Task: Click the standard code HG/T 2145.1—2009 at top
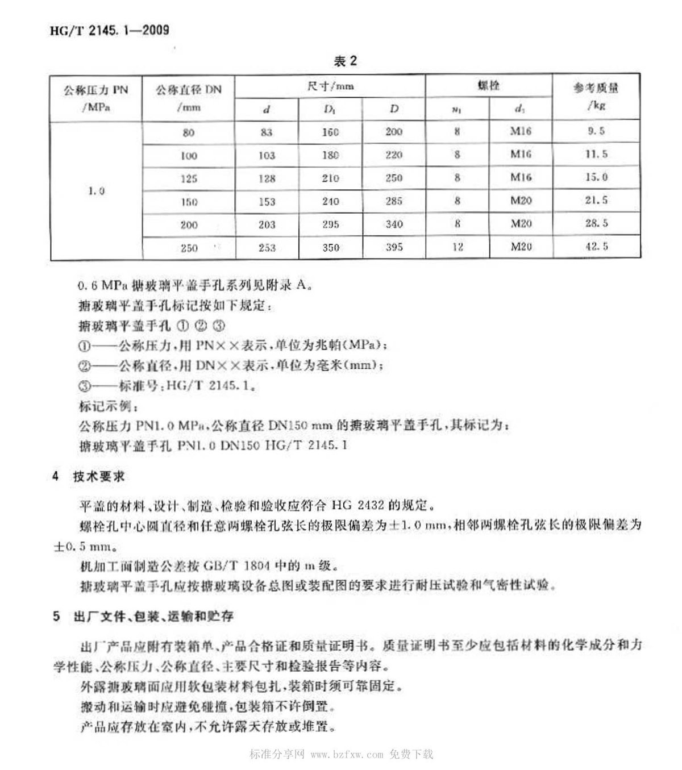[109, 30]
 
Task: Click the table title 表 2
[345, 61]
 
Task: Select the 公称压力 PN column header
[96, 97]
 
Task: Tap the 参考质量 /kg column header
[596, 96]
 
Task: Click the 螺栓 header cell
[488, 85]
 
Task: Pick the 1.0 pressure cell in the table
[96, 191]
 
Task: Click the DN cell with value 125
[189, 178]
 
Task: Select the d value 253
[267, 248]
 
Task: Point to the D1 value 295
[330, 224]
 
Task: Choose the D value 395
[394, 247]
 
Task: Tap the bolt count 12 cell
[458, 247]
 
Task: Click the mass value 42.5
[596, 246]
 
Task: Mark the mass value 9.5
[596, 131]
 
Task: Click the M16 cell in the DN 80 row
[521, 131]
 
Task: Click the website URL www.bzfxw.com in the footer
[347, 754]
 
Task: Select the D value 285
[394, 201]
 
